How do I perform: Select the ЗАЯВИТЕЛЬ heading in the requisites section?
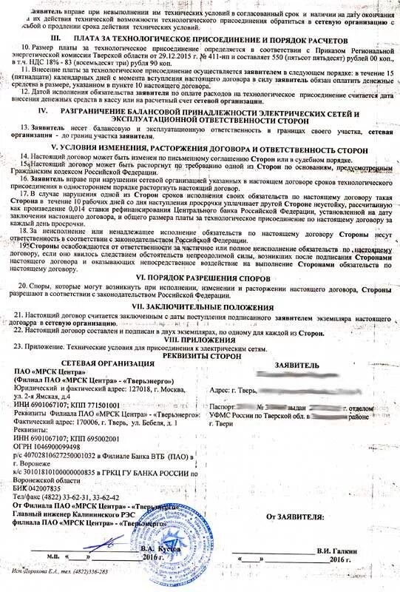click(296, 365)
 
